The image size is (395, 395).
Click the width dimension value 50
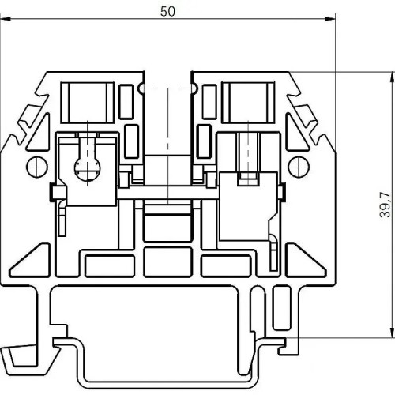[167, 12]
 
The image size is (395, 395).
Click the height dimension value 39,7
[385, 205]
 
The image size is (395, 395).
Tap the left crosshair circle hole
[37, 167]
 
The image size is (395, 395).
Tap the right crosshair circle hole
[299, 167]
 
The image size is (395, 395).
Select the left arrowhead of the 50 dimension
[6, 19]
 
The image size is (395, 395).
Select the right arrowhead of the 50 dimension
[330, 19]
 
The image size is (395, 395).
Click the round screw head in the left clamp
[88, 170]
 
